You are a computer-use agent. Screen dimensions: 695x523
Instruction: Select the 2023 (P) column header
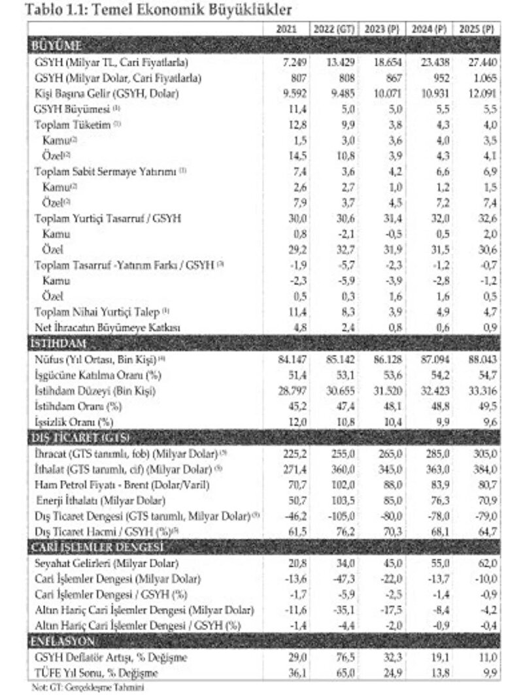click(382, 29)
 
